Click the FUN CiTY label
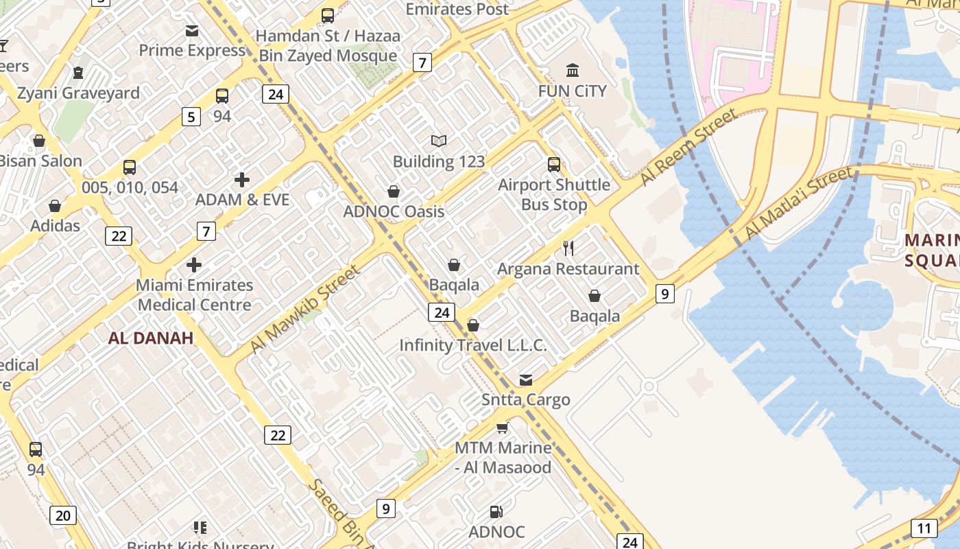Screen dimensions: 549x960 (572, 91)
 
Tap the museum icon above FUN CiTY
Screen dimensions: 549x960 (572, 70)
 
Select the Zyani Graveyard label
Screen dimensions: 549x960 (78, 93)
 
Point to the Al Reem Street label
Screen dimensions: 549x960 (688, 147)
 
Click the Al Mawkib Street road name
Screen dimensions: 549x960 (304, 309)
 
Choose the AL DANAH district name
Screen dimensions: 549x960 (151, 338)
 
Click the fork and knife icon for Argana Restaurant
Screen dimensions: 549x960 (568, 248)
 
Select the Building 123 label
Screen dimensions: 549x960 (439, 162)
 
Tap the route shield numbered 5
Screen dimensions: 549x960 (191, 117)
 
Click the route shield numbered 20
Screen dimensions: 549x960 (62, 515)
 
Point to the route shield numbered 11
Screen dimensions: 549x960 (924, 528)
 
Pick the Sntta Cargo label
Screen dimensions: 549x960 (526, 399)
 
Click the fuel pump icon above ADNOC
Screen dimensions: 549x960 (496, 512)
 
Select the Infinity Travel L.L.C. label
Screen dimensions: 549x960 (473, 345)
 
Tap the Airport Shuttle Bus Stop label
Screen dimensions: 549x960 (554, 194)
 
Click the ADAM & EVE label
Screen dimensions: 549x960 (242, 200)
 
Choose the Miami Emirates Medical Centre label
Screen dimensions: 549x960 (195, 294)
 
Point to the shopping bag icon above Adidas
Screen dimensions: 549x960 (55, 206)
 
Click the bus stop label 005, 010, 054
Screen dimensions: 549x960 (130, 187)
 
